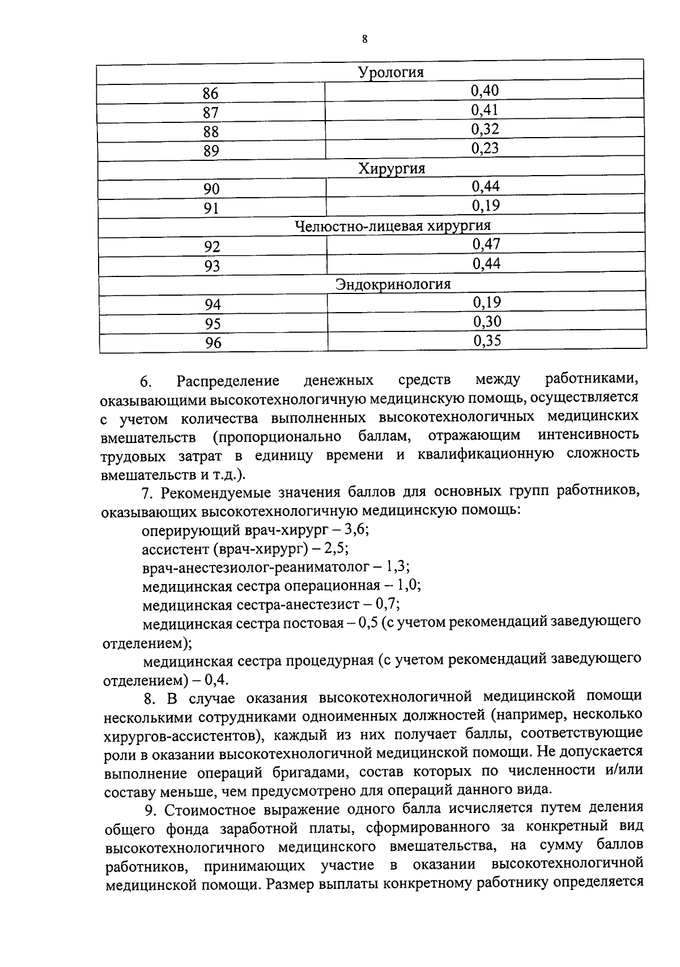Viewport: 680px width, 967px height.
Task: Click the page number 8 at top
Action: click(364, 40)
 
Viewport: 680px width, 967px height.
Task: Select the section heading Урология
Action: click(390, 73)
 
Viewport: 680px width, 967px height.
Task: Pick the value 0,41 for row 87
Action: click(484, 110)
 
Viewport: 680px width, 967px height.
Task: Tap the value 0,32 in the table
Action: click(485, 129)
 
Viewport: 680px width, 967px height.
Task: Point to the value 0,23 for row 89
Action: click(485, 148)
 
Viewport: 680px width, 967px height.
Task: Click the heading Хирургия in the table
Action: click(391, 169)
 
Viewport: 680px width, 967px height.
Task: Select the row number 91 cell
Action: click(211, 208)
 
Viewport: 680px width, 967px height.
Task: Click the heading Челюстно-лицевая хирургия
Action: click(393, 226)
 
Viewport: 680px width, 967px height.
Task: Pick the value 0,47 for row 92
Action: click(486, 244)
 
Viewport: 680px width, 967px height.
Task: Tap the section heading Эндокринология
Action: click(393, 284)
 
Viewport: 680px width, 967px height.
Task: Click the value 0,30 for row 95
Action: click(487, 322)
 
